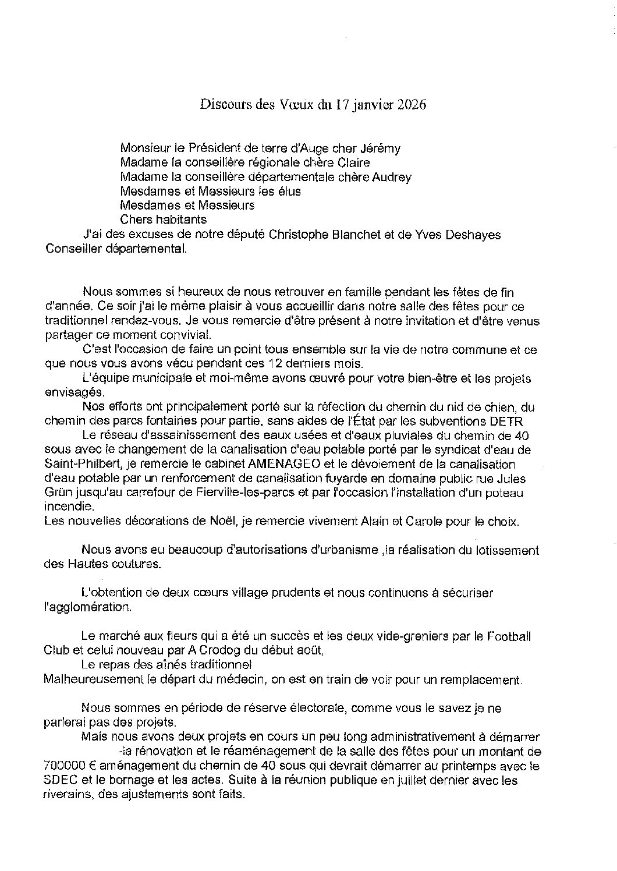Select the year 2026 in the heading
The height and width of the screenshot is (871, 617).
[412, 105]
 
